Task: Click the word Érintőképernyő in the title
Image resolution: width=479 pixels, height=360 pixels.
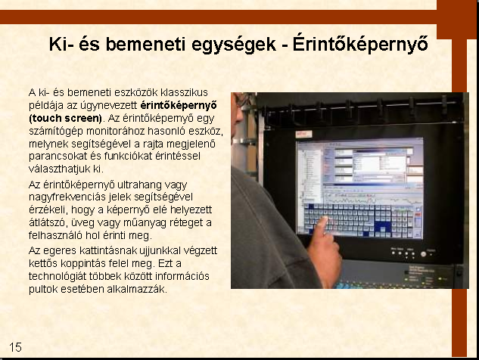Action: tap(360, 45)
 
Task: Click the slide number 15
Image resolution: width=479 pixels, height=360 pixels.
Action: tap(15, 347)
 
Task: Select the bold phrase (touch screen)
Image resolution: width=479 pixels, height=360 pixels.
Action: tap(65, 118)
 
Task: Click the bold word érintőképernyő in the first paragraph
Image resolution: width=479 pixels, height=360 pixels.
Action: tap(179, 105)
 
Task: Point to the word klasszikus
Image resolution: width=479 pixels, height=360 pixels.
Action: tap(184, 92)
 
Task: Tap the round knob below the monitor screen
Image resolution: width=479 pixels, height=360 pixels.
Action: tap(423, 254)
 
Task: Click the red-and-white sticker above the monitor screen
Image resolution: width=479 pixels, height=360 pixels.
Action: tap(303, 134)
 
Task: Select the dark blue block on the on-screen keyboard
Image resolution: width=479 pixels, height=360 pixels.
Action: tap(382, 227)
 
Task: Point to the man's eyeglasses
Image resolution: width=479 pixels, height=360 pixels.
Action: tap(241, 100)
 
